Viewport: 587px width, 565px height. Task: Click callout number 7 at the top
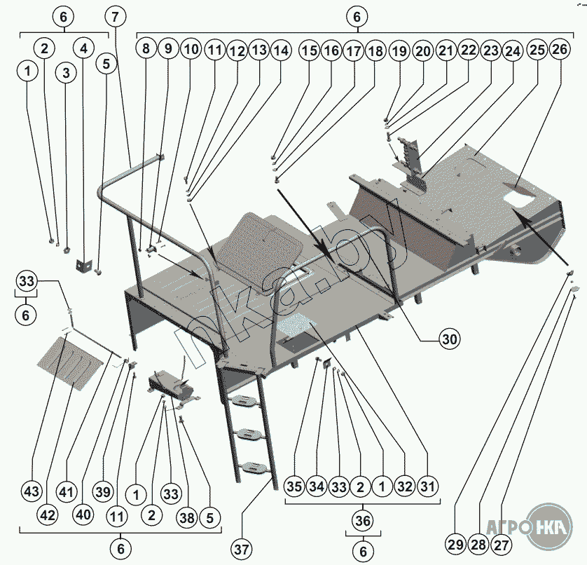115,17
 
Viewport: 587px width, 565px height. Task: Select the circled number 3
67,73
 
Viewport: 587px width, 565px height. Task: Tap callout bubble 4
84,48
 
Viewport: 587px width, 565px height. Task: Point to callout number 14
282,50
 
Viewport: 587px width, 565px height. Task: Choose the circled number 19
400,50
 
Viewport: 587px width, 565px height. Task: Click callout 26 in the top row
560,49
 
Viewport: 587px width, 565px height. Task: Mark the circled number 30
449,339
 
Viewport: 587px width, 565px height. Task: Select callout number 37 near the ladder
242,550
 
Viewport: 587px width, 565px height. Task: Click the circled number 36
363,521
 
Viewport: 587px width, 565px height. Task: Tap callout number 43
32,491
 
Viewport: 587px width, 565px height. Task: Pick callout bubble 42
48,515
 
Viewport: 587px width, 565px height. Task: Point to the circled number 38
187,517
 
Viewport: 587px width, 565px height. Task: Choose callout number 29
455,545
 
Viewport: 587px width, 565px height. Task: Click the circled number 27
501,545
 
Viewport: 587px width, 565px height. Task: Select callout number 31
427,486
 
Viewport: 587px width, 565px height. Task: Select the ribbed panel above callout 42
70,363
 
